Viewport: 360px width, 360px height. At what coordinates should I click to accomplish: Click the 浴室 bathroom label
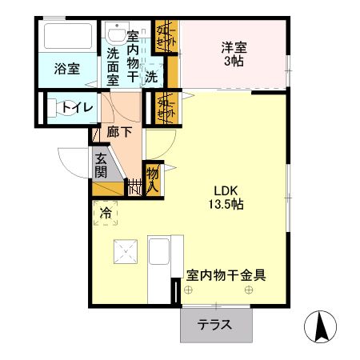click(x=66, y=69)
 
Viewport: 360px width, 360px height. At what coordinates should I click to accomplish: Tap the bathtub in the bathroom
click(x=68, y=37)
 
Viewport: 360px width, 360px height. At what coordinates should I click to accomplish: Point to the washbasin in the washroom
click(x=113, y=33)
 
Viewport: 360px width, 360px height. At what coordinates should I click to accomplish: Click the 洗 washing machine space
click(x=151, y=77)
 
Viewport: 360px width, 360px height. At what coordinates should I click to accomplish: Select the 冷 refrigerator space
click(x=106, y=213)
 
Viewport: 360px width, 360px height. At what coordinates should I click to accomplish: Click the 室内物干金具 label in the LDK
click(x=226, y=274)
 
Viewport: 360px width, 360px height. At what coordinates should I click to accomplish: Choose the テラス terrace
click(x=215, y=326)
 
